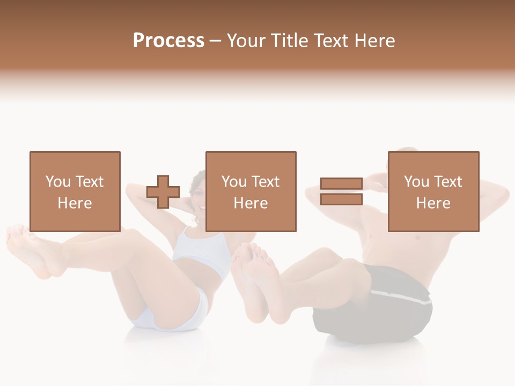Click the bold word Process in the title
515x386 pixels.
(168, 41)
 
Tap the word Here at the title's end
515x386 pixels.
(374, 41)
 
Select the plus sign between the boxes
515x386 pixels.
(163, 191)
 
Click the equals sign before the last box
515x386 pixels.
(341, 191)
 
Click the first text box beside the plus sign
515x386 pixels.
(75, 191)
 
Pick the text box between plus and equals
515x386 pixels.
(251, 191)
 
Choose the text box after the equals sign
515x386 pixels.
(433, 191)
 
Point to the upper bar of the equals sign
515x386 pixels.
(341, 184)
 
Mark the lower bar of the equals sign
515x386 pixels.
(341, 199)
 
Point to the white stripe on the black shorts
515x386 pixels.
(402, 296)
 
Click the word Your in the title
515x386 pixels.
(246, 41)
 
